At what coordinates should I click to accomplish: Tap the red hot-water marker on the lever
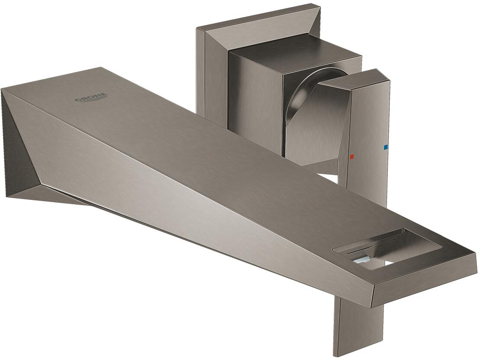point(352,156)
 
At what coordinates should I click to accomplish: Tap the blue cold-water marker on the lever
point(386,148)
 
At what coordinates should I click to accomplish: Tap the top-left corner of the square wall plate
point(198,29)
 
